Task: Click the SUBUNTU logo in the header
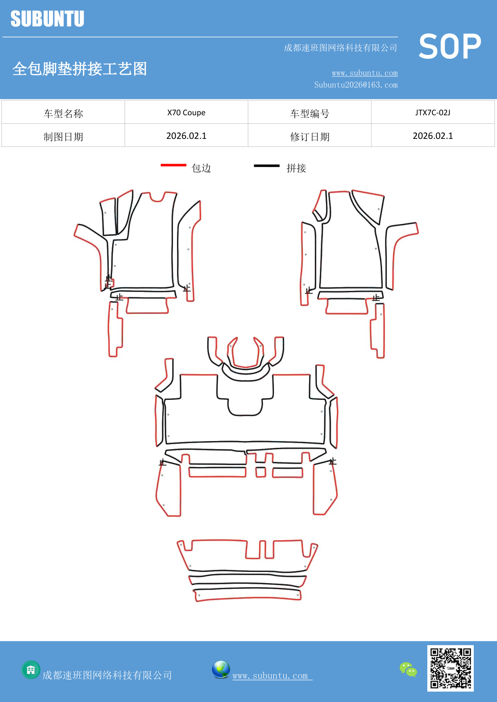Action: coord(47,19)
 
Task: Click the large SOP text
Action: coord(449,47)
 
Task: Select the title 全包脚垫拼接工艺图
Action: coord(79,69)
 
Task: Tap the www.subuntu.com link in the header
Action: coord(364,73)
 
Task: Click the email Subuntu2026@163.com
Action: coord(356,85)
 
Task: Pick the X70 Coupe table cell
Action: coord(186,112)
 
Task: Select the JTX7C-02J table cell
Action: coord(433,112)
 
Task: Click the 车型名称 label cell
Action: coord(63,113)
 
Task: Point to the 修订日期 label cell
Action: coord(310,136)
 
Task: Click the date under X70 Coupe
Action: coord(186,136)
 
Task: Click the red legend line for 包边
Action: coord(173,165)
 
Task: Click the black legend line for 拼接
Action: coord(267,165)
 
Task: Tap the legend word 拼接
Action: coord(296,168)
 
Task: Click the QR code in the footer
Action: coord(450,668)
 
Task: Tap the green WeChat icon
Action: coord(408,669)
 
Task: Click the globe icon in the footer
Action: coord(221,669)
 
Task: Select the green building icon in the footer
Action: coord(31,670)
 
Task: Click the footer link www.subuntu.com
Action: coord(270,676)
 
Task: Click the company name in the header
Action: coord(340,48)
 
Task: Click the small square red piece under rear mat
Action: coord(261,472)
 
